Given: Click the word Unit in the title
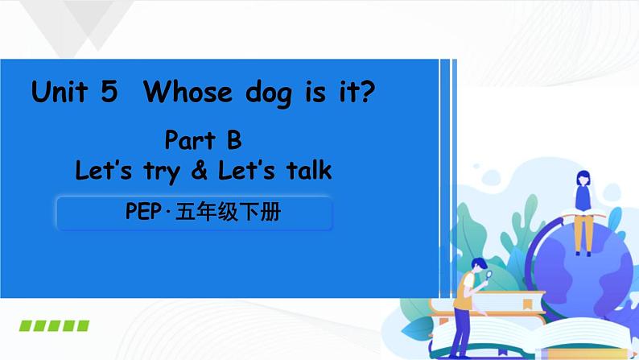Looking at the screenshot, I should [61, 93].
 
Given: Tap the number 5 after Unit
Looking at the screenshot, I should [109, 93].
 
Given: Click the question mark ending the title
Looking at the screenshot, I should [367, 93].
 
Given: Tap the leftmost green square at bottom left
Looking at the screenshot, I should [25, 326].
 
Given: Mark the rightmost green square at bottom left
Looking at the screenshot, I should [82, 326].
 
